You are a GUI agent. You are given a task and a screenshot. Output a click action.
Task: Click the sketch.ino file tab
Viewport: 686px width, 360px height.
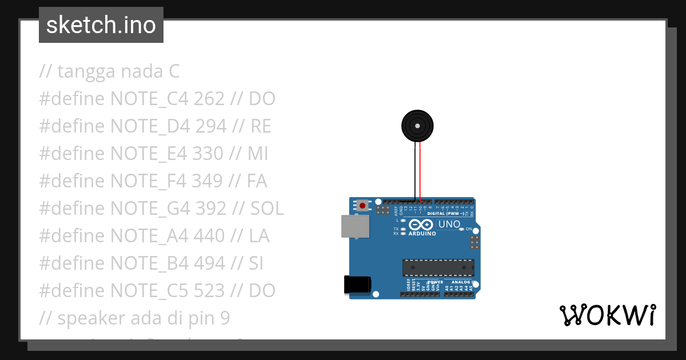click(x=101, y=25)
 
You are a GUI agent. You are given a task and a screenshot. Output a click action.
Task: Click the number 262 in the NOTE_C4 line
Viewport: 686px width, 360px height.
click(x=209, y=99)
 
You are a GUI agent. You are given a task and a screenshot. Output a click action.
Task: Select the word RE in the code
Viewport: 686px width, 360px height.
click(x=261, y=126)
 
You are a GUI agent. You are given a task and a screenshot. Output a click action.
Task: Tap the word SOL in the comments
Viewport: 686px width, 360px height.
click(x=267, y=209)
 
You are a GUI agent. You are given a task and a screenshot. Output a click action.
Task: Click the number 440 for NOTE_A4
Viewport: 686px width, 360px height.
click(x=210, y=236)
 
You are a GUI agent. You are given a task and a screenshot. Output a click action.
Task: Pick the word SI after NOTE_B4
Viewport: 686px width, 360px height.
click(x=257, y=263)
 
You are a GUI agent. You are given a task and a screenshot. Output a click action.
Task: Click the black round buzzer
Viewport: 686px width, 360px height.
click(x=417, y=126)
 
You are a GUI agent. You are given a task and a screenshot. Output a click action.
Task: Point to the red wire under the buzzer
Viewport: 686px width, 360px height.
click(x=420, y=171)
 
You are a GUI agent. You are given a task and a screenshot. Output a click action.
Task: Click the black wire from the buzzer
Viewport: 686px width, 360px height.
click(x=415, y=171)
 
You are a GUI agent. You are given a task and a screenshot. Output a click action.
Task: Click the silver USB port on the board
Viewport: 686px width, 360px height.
click(x=354, y=226)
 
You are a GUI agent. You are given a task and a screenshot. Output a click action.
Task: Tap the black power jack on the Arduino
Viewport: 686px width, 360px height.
click(x=357, y=285)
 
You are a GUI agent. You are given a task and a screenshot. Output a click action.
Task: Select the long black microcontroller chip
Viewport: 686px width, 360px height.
click(x=438, y=267)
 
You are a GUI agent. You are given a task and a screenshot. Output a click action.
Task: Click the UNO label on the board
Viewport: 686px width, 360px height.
click(x=449, y=224)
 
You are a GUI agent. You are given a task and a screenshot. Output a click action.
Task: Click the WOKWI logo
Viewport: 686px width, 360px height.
click(x=607, y=315)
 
